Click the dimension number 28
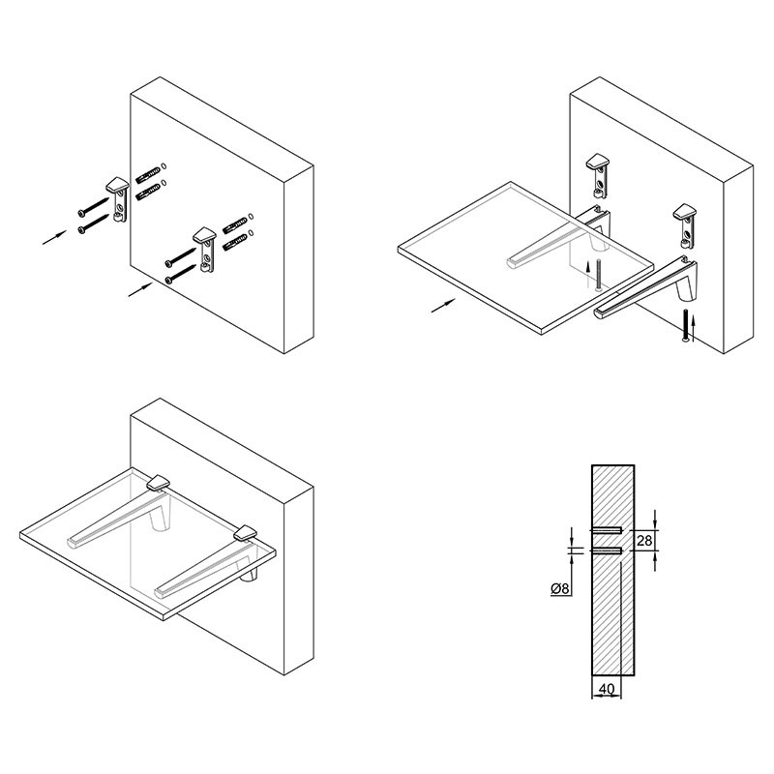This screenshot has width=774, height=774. coord(644,541)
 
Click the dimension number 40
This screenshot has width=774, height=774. coord(607,688)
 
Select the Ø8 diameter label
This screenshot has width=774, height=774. coord(560,588)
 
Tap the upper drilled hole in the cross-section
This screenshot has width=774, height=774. coord(607,530)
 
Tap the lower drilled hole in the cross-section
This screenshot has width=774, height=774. coord(607,551)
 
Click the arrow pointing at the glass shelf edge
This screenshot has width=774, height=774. coord(443,306)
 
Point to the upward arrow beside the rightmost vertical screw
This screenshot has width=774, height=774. coord(693,329)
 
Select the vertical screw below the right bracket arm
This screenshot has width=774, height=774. coord(685,325)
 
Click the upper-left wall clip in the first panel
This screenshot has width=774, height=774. coord(118,197)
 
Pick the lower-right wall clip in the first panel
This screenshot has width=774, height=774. coord(204,250)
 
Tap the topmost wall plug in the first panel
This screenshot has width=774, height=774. coord(149,174)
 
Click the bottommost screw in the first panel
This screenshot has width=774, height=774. coord(181,274)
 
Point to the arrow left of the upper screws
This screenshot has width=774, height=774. coord(54,237)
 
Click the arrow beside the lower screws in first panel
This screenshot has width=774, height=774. coord(140,289)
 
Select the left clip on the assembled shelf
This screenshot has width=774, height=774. coord(159,483)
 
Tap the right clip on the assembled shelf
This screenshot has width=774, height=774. coord(246,534)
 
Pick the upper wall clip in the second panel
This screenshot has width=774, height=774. coord(598,175)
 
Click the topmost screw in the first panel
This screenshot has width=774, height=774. coord(94,206)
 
